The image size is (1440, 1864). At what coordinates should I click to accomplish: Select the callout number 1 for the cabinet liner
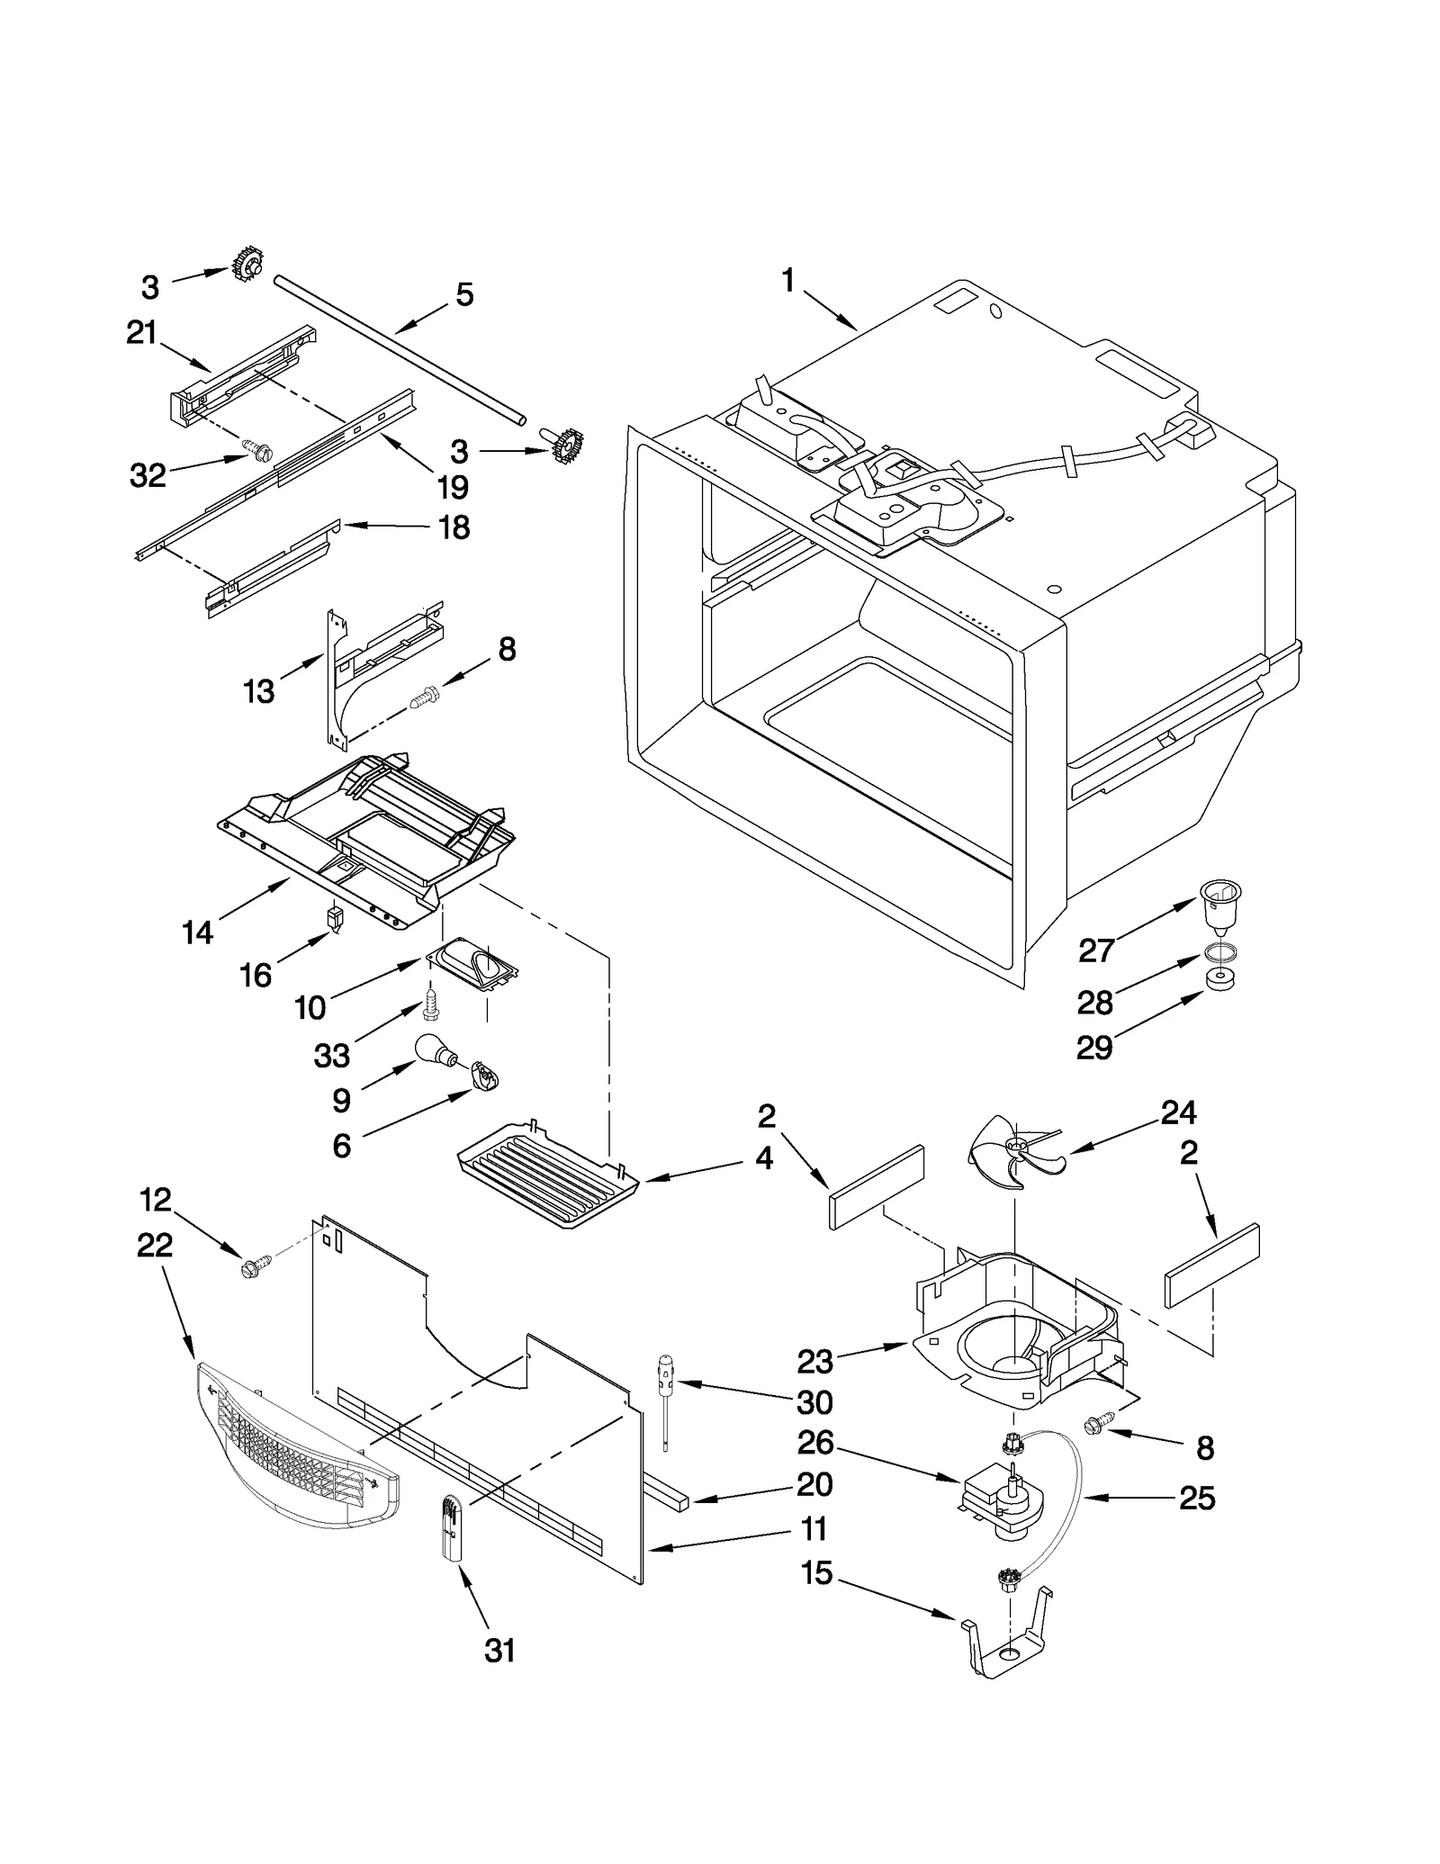pos(788,281)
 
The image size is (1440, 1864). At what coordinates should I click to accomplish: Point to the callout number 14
pos(197,932)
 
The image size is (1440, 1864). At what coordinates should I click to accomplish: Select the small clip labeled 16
pos(335,919)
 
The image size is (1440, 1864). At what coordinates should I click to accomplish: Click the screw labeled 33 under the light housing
pos(430,1004)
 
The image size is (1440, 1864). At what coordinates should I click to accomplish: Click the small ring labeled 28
pos(1219,951)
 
